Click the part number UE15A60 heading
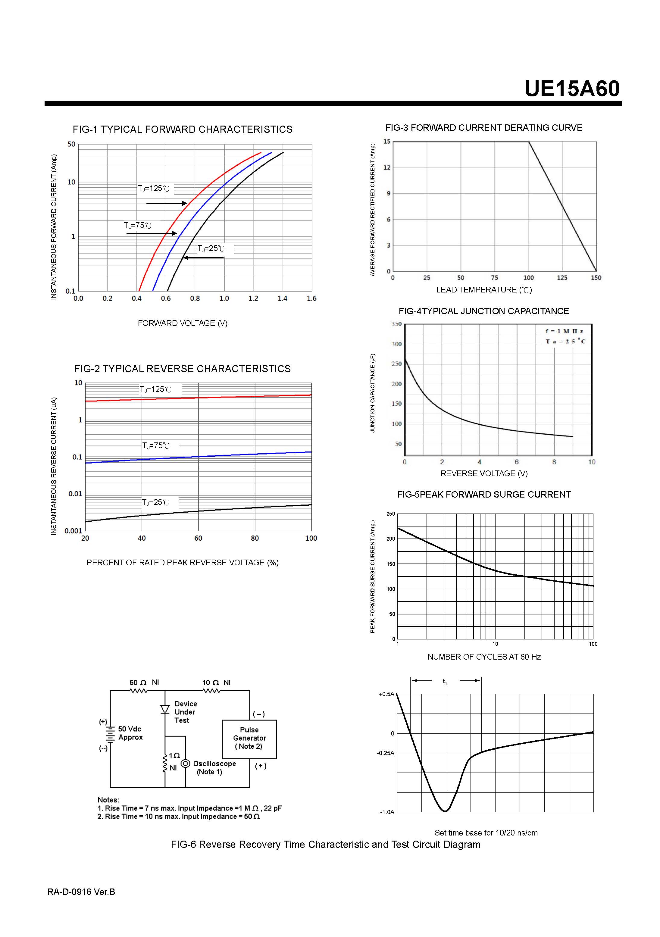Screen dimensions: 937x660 point(571,89)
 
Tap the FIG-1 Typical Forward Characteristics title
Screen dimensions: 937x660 point(183,130)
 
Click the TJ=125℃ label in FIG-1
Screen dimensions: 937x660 point(153,189)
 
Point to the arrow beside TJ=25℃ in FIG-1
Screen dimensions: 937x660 point(203,258)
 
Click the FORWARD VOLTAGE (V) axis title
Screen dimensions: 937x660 point(183,323)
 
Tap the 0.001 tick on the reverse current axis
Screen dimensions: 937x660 point(73,531)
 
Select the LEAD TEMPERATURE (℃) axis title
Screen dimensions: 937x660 point(484,290)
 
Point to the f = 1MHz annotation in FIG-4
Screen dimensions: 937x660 point(564,331)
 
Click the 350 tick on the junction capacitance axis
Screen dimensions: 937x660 point(396,324)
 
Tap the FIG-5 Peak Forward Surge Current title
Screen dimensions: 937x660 point(484,495)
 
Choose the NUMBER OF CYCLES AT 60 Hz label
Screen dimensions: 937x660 point(484,657)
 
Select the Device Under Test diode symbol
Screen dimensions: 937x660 point(165,709)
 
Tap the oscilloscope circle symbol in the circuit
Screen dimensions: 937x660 point(185,763)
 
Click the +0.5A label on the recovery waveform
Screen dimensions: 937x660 point(386,694)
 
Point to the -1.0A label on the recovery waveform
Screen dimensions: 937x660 point(387,812)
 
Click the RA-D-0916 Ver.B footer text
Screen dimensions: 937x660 point(81,892)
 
